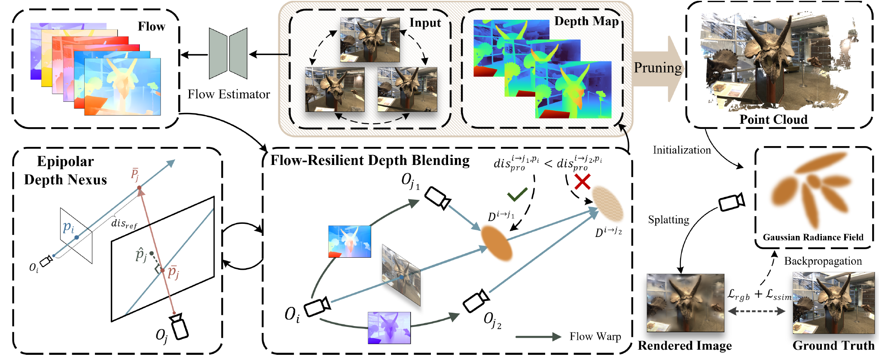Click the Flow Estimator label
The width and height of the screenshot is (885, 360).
tap(229, 95)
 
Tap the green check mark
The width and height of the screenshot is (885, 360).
tap(517, 195)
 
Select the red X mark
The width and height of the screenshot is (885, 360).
tap(582, 182)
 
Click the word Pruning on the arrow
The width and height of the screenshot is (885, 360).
tap(658, 68)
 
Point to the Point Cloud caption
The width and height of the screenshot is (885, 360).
tap(773, 119)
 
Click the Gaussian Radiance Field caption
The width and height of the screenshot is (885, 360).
tap(813, 237)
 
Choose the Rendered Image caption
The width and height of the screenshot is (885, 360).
tap(685, 346)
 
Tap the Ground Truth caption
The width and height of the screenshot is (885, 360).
tap(833, 346)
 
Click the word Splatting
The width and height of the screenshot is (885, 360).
tap(668, 220)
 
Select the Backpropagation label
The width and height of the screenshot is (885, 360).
tap(823, 261)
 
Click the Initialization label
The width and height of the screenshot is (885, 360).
tap(682, 150)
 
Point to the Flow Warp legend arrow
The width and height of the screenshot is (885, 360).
tap(538, 337)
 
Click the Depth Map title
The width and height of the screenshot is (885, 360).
tap(586, 21)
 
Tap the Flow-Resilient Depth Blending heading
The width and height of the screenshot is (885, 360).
tap(370, 160)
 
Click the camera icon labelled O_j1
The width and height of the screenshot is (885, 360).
tap(437, 198)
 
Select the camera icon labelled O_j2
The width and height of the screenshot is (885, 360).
tap(476, 301)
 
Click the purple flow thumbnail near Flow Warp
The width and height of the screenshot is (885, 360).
tap(389, 328)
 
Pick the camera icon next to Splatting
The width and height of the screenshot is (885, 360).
tap(731, 202)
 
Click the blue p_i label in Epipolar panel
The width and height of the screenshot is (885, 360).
tap(68, 227)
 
